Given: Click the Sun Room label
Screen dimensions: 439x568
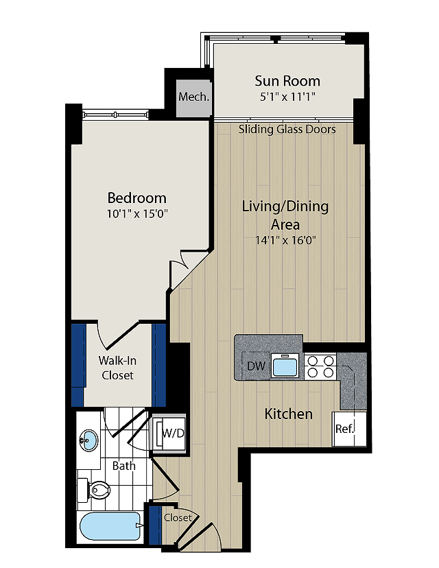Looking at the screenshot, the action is (x=287, y=81).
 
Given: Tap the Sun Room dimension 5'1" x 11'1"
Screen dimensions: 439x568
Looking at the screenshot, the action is (x=287, y=97).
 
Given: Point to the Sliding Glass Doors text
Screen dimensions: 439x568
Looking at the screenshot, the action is (x=287, y=130).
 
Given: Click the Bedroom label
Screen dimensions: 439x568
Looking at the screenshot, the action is (x=137, y=198).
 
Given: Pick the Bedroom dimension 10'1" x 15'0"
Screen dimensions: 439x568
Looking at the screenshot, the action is (x=137, y=214).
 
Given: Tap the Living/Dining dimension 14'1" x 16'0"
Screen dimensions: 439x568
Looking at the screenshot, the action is (x=286, y=240).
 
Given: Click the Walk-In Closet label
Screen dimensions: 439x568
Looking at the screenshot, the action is (x=118, y=368).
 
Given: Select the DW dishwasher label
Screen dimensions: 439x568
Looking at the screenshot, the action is (x=257, y=366).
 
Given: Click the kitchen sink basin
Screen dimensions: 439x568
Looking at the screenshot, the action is (x=285, y=366).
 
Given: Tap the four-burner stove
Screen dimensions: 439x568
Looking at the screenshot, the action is (x=320, y=366).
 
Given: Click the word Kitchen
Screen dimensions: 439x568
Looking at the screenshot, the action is (x=288, y=414).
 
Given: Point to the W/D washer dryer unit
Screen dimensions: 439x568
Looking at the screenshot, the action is (x=169, y=434).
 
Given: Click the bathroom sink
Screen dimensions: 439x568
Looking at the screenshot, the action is (x=88, y=440).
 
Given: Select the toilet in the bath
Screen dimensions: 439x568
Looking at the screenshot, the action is (x=93, y=490).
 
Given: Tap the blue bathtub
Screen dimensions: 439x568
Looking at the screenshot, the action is (x=110, y=526).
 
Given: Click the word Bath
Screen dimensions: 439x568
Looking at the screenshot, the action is (x=124, y=466).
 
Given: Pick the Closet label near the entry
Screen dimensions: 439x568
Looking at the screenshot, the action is (x=178, y=518).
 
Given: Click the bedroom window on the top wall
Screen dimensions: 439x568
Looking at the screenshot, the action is (x=115, y=115).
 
